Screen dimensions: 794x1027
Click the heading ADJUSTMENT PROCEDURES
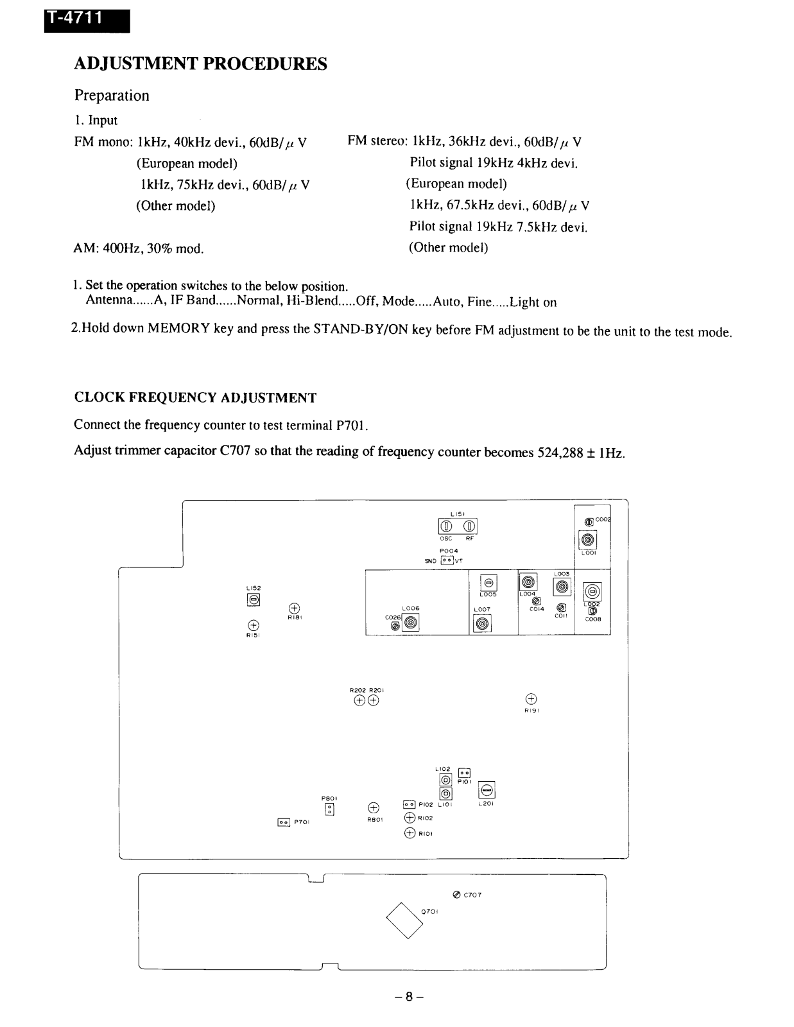coord(200,64)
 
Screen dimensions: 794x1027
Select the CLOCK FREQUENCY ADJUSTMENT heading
coord(195,398)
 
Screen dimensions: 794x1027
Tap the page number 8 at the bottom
coord(409,997)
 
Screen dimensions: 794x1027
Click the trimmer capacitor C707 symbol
coord(456,895)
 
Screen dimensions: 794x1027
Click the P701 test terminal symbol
coord(284,822)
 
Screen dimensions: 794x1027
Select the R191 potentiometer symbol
coord(531,699)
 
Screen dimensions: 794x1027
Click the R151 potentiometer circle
coord(253,625)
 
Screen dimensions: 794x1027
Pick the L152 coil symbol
coord(254,600)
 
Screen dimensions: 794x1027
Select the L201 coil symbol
coord(487,790)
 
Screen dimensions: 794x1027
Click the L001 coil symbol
coord(588,540)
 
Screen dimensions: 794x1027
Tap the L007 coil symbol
coord(482,623)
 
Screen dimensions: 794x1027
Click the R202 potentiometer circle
coord(359,700)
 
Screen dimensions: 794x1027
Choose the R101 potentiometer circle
coord(410,833)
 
